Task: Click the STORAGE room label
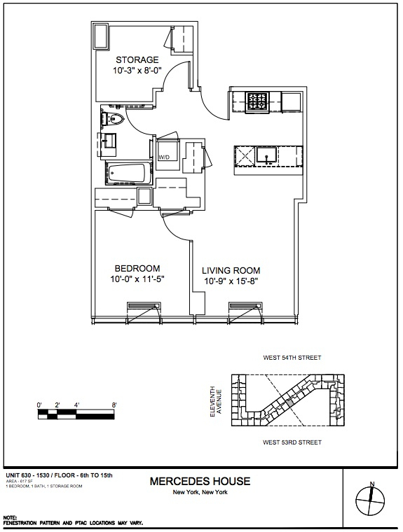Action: [137, 59]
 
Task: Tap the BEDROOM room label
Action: [137, 268]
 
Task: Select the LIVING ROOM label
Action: [231, 270]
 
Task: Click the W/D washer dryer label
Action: [164, 157]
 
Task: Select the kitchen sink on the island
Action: [266, 153]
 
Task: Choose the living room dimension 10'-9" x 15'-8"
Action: [231, 281]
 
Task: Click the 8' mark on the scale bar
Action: [114, 405]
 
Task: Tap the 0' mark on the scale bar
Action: [40, 405]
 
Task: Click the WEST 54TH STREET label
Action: [292, 358]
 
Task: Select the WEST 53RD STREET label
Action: [292, 442]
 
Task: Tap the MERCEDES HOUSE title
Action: [200, 482]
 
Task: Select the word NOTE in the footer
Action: [11, 518]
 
